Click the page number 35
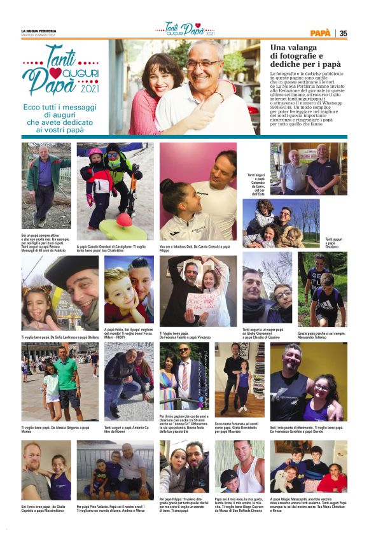coord(343,33)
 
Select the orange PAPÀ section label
coord(320,33)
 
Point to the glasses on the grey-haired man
coord(204,64)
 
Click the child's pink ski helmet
coord(95,154)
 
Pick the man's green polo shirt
coord(66,373)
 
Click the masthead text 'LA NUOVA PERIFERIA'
coord(38,31)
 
